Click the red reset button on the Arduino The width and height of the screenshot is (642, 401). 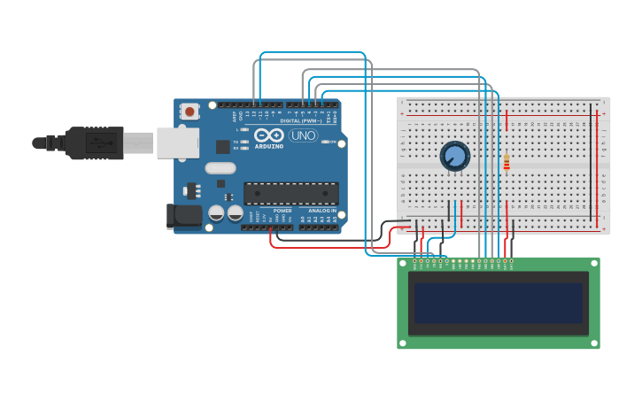[x=190, y=112]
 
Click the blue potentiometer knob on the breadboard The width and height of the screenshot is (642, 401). [x=455, y=157]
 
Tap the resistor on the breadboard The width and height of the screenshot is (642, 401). [x=507, y=163]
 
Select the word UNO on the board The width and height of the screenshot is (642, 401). [x=303, y=135]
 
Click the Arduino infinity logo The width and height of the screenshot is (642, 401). [x=268, y=135]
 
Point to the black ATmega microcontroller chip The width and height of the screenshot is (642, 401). [x=290, y=193]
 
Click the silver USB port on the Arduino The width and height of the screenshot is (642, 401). [x=177, y=143]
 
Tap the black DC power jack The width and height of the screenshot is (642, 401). [x=182, y=215]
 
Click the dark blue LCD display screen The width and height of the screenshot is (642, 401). [x=499, y=302]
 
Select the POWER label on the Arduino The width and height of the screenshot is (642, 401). [x=282, y=211]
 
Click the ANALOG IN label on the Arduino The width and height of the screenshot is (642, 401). [x=321, y=211]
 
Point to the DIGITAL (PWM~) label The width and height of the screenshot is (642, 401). [x=301, y=120]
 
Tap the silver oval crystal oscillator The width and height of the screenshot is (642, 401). [x=220, y=167]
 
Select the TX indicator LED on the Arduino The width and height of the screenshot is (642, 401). [x=244, y=142]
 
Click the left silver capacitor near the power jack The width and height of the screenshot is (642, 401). [x=216, y=212]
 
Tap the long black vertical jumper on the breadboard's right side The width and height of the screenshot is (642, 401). [x=592, y=159]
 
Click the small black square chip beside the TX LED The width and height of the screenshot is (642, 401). [x=222, y=147]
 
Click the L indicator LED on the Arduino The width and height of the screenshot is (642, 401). [x=244, y=129]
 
